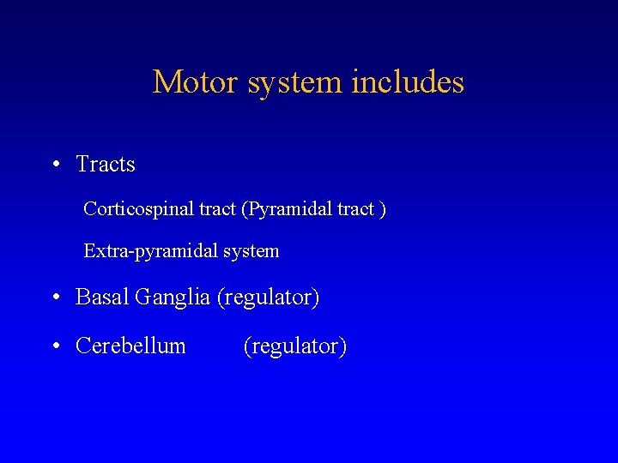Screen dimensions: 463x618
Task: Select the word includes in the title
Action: [408, 82]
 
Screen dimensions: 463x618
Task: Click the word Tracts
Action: [106, 164]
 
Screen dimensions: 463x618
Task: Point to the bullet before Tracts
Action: [55, 165]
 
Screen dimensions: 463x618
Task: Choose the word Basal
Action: [100, 298]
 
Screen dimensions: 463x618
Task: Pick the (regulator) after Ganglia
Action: [268, 298]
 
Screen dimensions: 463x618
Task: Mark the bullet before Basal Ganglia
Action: [55, 298]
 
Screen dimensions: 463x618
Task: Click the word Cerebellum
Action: [130, 346]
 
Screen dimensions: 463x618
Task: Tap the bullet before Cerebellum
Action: [55, 346]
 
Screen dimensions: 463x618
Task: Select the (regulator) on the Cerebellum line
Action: [295, 346]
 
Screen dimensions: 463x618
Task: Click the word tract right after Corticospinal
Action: [215, 209]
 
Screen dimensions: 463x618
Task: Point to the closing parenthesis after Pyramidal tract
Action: [383, 209]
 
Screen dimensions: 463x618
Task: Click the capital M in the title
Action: [166, 82]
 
